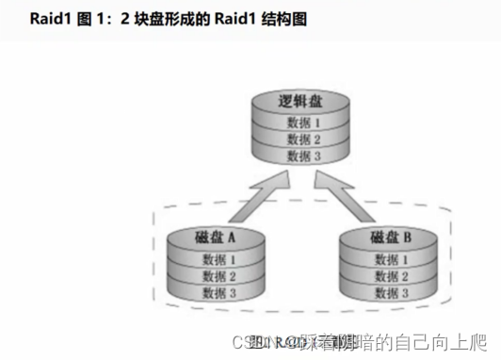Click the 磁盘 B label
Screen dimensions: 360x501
click(391, 237)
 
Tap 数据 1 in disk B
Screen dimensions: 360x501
click(391, 258)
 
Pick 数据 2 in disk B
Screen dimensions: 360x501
click(391, 275)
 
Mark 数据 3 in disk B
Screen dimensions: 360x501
click(391, 292)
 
